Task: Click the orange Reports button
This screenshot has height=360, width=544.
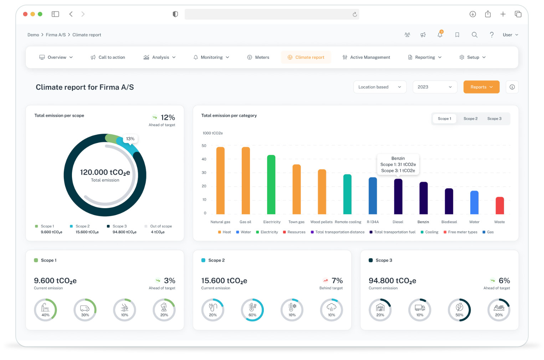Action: point(481,87)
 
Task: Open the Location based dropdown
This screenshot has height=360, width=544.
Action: point(379,87)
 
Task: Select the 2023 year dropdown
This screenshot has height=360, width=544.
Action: point(434,87)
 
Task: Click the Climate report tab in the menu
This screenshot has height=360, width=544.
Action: point(306,57)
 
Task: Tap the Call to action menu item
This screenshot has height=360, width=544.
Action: point(108,57)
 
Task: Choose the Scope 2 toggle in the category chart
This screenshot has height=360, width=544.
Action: point(470,119)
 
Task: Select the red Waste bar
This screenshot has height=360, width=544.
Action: point(499,206)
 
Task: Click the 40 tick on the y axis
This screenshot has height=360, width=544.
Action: point(204,159)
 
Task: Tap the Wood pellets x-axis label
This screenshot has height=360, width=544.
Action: point(321,222)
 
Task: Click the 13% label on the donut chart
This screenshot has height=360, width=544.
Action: point(130,139)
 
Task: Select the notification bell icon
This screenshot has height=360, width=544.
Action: point(440,35)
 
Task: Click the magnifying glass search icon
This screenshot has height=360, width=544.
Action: point(474,35)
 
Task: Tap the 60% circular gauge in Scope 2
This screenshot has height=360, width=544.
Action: point(252,310)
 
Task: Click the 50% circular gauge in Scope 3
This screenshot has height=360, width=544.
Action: point(459,310)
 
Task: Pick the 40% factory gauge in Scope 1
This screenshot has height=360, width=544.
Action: point(45,310)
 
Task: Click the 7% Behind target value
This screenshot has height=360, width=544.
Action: point(337,281)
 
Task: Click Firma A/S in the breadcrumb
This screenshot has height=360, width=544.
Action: point(56,35)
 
